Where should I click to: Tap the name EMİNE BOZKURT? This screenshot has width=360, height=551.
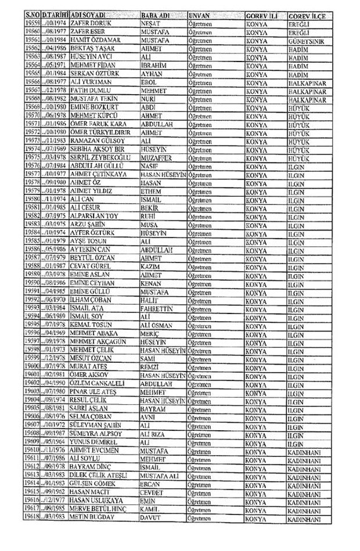click(x=91, y=107)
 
